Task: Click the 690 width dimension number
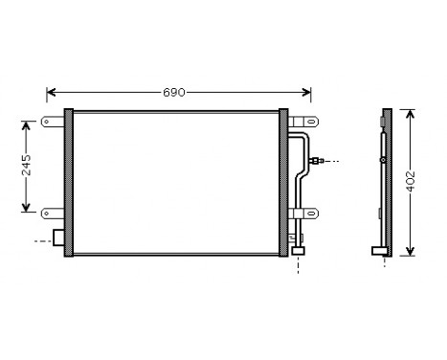click(173, 93)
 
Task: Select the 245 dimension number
click(26, 169)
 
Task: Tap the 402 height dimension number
click(412, 183)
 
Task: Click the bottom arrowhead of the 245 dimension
click(26, 210)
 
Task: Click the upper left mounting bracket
click(51, 122)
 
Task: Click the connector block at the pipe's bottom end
click(298, 250)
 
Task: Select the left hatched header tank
click(69, 183)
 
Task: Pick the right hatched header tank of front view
click(283, 183)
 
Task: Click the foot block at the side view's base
click(379, 252)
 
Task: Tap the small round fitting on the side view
click(383, 159)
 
